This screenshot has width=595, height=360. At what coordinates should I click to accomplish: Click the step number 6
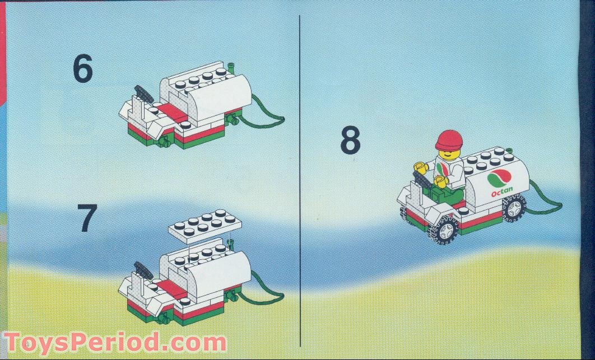pos(82,69)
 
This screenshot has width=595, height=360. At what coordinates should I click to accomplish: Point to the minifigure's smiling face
pos(448,152)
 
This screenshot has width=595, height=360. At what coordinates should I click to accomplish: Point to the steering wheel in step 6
pos(143,93)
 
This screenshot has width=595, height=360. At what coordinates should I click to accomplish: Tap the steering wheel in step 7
pos(143,270)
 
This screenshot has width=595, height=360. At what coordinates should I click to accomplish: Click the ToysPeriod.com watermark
pos(115,342)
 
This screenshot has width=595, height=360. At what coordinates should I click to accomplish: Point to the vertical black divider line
pos(300,179)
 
